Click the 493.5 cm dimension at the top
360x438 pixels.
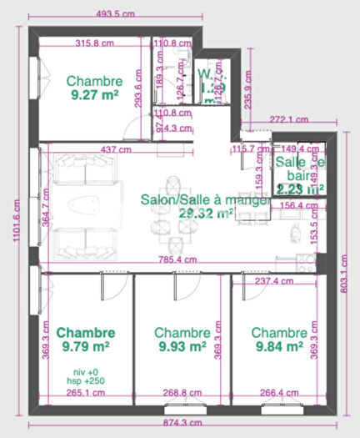[115, 14]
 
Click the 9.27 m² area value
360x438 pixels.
[95, 95]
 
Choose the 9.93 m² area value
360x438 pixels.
[181, 345]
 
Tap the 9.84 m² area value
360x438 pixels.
[278, 345]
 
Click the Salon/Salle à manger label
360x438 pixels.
[204, 200]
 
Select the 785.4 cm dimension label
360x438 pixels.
[178, 259]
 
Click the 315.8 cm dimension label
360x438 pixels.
[93, 43]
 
